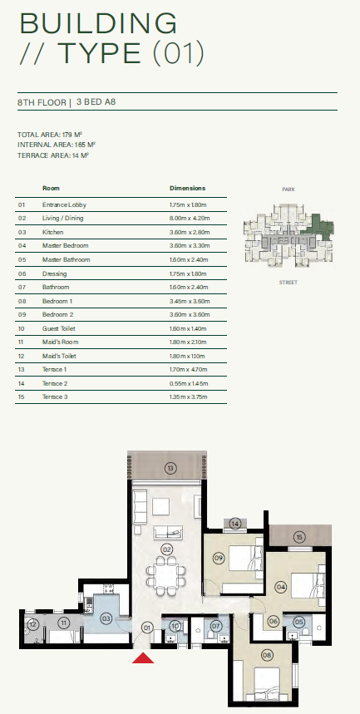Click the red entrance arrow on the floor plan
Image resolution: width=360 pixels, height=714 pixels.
coord(143,657)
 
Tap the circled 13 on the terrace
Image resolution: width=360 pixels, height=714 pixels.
coord(170,468)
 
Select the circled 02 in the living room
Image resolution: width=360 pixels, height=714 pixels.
coord(167,549)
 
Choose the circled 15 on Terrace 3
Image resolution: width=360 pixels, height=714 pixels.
coord(299,538)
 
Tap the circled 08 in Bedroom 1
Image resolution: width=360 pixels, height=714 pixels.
coord(267,656)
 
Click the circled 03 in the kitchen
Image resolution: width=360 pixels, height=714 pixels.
coord(106,618)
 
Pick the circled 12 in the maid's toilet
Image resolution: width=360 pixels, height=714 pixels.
coord(32,624)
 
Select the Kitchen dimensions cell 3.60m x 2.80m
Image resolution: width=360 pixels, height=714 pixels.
coord(189,232)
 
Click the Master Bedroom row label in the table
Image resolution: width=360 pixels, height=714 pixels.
coord(65,246)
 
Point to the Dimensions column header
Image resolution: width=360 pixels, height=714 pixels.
coord(187,188)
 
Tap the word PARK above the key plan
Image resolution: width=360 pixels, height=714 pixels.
coord(288,189)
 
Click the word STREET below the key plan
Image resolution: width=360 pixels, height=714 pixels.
coord(288,283)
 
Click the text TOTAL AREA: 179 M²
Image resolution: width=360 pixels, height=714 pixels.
coord(50,135)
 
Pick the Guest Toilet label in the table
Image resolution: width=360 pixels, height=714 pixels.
coord(59,329)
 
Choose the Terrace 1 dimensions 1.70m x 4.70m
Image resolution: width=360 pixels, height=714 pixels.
coord(189,370)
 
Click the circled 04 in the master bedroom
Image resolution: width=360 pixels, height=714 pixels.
coord(281,588)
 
